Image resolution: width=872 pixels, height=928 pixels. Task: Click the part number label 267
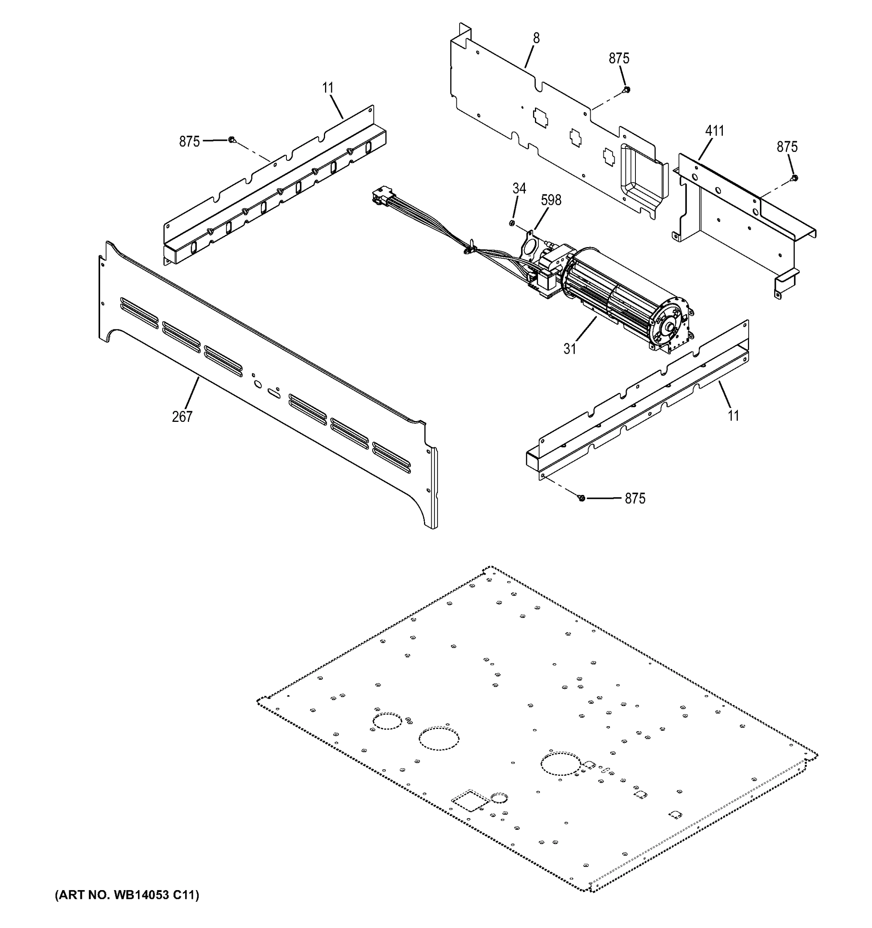(x=182, y=416)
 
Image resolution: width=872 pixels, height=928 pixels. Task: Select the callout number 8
(x=536, y=38)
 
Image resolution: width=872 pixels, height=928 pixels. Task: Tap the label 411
(x=714, y=131)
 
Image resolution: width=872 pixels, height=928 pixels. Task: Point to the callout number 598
(x=551, y=200)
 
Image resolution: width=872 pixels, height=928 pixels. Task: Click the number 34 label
(x=519, y=189)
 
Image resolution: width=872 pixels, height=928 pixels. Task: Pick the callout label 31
(x=570, y=349)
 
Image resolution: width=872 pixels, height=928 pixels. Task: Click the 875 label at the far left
(x=189, y=142)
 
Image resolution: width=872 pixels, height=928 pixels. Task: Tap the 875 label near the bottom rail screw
(x=635, y=498)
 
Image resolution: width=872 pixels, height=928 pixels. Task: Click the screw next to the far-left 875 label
(x=232, y=140)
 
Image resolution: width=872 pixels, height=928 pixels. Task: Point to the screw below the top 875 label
(x=627, y=89)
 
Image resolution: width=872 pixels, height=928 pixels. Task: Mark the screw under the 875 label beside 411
(x=795, y=178)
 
